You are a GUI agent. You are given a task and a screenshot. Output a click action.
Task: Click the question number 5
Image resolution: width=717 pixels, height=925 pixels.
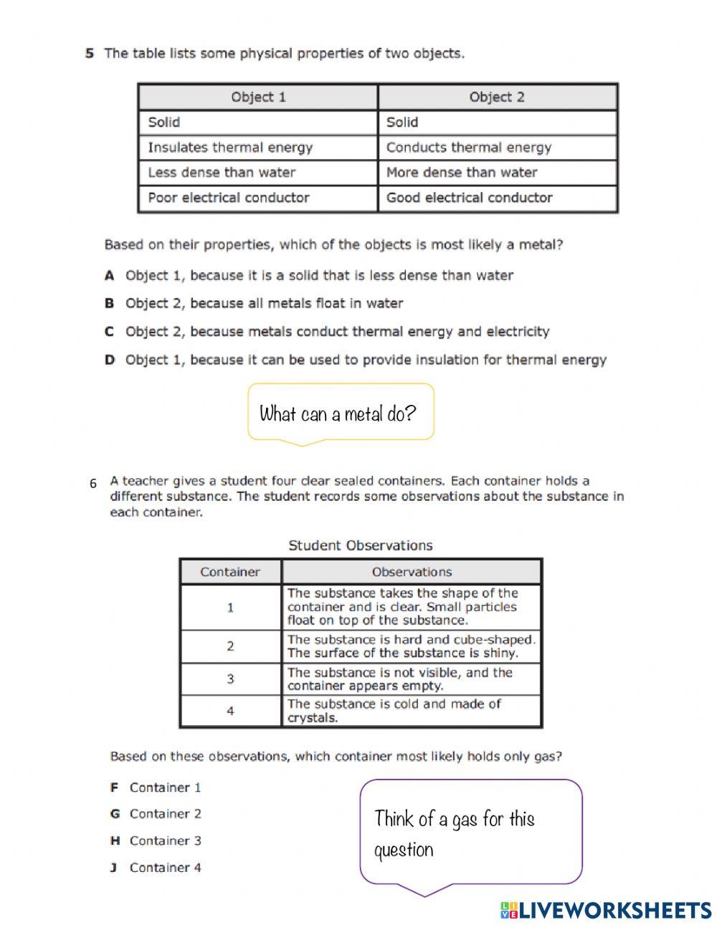point(90,53)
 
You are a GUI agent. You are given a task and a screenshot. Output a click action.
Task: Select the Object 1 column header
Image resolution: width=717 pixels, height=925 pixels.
point(258,97)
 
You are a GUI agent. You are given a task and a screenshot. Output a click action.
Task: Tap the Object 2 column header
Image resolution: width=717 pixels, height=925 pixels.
point(497,97)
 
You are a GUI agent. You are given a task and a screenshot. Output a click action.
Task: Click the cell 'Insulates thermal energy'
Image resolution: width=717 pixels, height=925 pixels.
point(230,148)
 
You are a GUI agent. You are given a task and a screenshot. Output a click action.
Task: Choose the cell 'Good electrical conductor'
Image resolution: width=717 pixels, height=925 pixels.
point(469,198)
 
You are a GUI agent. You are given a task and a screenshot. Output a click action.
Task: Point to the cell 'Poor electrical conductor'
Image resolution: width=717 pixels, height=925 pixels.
point(228,198)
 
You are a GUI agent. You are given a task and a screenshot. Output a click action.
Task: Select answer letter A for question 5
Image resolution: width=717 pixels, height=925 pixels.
point(110,275)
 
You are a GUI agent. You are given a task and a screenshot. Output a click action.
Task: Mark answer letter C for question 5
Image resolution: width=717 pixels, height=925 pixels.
point(110,332)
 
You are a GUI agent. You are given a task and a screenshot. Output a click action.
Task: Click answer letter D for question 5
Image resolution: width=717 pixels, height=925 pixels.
point(110,360)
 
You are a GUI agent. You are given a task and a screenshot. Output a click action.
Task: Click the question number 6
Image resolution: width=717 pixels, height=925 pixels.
point(93,484)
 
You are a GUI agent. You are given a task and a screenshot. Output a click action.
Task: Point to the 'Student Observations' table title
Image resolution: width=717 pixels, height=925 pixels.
point(360,545)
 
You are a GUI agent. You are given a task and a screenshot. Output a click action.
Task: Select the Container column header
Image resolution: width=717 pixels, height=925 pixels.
point(229,572)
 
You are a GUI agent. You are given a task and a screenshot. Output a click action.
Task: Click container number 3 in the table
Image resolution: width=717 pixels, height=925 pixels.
point(230,679)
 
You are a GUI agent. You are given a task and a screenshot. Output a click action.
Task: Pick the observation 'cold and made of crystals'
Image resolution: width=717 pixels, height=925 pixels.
point(394,711)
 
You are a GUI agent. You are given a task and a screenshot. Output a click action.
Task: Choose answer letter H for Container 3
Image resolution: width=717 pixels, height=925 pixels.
point(114,840)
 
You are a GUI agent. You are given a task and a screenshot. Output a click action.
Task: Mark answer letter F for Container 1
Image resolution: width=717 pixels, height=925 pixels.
point(114,787)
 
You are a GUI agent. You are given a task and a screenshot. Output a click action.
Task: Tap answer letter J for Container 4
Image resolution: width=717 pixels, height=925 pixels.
point(113,868)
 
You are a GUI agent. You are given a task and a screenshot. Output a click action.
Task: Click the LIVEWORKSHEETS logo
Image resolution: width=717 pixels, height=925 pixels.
point(605,910)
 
